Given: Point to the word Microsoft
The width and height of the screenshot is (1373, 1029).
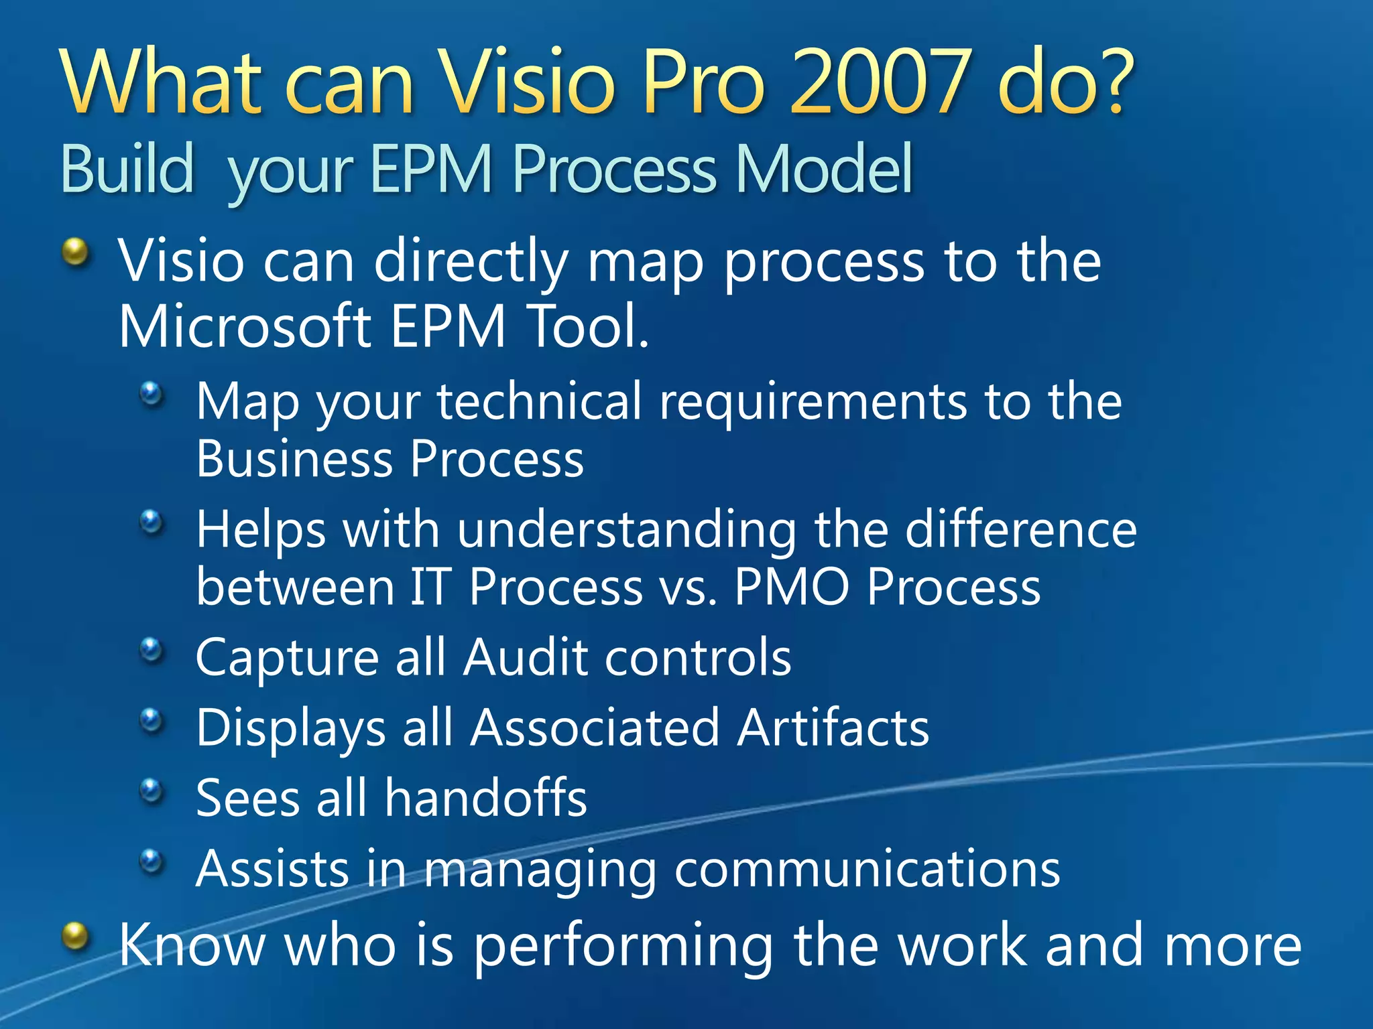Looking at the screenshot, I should click(x=245, y=326).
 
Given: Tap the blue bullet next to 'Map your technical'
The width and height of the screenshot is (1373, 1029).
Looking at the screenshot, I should click(x=152, y=393).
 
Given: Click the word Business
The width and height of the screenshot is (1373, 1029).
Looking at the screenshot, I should click(x=294, y=460).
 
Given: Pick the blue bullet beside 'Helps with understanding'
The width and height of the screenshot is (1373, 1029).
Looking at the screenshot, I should click(x=152, y=521).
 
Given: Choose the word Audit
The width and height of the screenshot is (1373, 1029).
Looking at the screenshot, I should click(x=526, y=657).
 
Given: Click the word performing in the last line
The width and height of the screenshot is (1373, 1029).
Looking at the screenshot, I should click(x=623, y=946).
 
